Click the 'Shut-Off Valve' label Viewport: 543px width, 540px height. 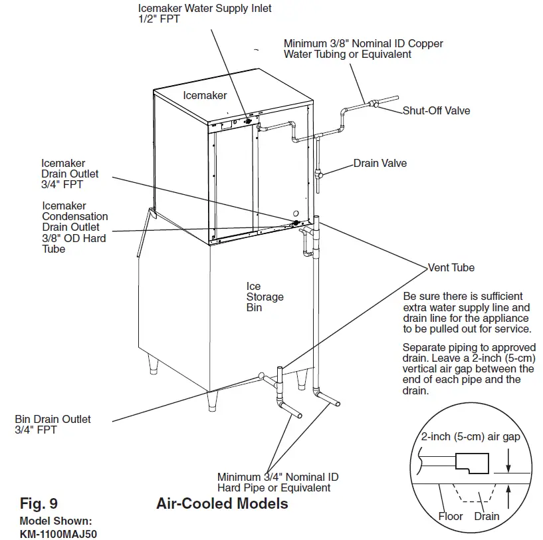pos(436,110)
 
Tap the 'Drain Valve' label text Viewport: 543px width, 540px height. pos(380,163)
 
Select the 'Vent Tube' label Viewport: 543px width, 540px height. pos(452,268)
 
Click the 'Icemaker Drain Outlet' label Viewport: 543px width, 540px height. pos(70,174)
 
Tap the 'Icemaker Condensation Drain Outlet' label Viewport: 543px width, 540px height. pos(74,227)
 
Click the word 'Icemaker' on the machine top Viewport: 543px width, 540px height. pos(205,95)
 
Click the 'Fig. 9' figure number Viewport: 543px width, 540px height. pos(43,503)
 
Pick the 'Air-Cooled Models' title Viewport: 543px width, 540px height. pos(222,503)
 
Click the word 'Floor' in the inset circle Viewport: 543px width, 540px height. pos(451,517)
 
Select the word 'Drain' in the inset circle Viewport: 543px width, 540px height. pos(487,517)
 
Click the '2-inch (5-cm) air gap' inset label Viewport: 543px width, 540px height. pos(470,437)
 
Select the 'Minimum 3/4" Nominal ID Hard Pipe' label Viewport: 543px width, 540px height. pos(278,483)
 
